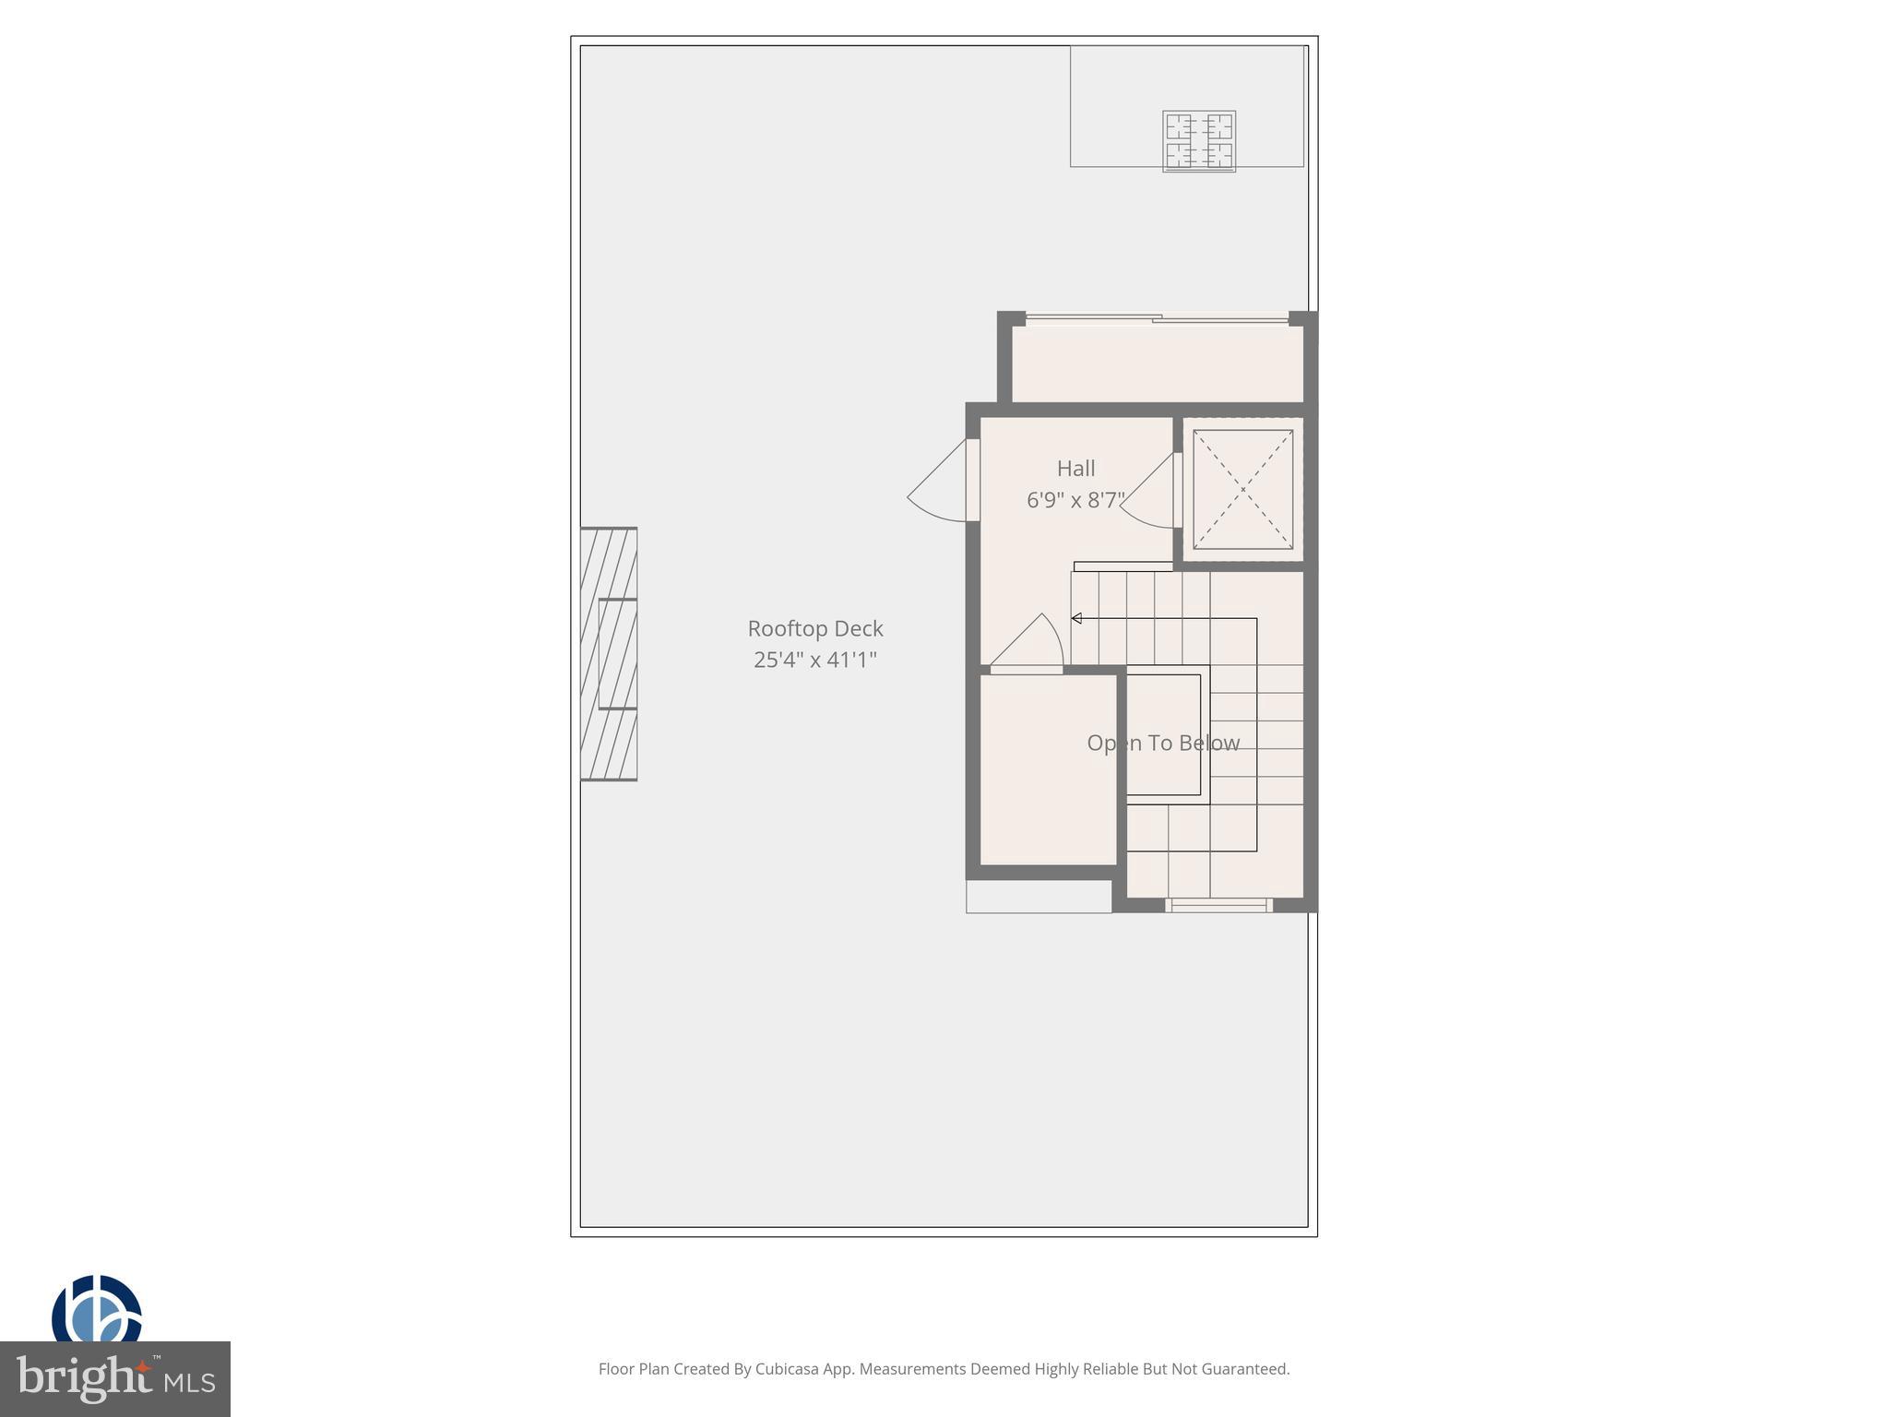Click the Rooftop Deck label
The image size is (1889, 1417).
[814, 628]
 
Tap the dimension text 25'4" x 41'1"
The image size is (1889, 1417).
[814, 660]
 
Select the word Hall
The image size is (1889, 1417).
[1075, 469]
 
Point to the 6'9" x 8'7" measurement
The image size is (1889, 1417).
[1075, 500]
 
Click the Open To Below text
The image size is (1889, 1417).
[1162, 743]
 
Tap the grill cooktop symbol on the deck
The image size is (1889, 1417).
[1198, 141]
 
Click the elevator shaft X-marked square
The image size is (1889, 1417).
[1242, 489]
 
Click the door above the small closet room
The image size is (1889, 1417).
[1028, 644]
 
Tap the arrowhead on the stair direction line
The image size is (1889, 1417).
[1076, 618]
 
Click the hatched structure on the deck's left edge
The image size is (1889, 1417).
[609, 654]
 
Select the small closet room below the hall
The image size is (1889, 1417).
[1048, 770]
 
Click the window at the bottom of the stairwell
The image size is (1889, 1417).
[1218, 905]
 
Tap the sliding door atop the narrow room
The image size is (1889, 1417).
[1157, 319]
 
